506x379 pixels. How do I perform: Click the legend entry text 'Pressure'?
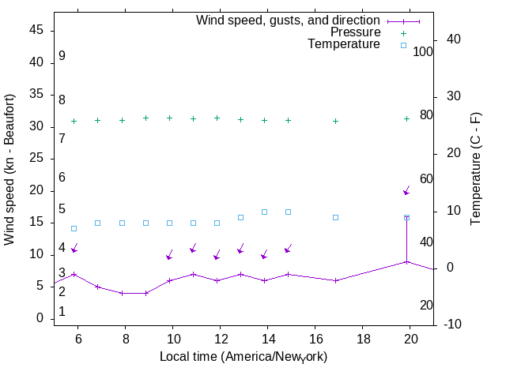click(x=354, y=32)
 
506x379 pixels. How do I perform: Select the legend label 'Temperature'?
click(x=344, y=44)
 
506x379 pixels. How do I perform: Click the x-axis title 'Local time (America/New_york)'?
click(x=244, y=357)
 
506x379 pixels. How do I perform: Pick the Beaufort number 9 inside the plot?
click(x=62, y=56)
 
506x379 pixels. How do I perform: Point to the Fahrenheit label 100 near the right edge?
click(x=423, y=51)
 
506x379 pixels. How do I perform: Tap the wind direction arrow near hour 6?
click(x=74, y=249)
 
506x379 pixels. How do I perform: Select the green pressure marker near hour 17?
click(x=336, y=121)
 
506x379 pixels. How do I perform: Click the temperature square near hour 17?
click(x=336, y=217)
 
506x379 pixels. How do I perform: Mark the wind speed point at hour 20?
click(x=406, y=261)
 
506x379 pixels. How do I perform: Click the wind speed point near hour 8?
click(x=122, y=293)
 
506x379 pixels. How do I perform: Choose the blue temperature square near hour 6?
click(x=74, y=228)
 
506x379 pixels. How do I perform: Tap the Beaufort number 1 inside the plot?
click(x=62, y=312)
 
